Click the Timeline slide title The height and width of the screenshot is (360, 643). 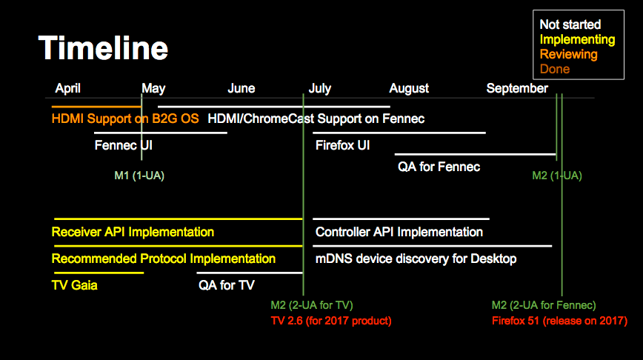point(104,48)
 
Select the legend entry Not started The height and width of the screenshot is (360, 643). point(570,24)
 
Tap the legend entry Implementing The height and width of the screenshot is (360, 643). point(577,40)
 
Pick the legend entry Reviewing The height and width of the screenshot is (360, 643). point(568,55)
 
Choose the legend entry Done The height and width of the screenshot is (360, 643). point(554,69)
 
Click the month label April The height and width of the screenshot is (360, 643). point(67,89)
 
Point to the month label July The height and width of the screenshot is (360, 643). point(319,89)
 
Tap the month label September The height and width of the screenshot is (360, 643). point(517,89)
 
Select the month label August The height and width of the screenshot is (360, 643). point(409,89)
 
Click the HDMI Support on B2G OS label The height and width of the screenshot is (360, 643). point(125,119)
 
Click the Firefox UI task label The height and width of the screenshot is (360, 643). point(342,145)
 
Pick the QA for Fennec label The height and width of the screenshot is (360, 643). point(439,167)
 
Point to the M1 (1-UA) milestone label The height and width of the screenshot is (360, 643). point(139,176)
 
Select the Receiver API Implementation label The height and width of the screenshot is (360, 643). point(133,232)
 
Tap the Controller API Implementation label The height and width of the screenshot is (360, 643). point(399,232)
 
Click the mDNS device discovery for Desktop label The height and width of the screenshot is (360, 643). point(416,259)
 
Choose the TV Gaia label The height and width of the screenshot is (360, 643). point(75,285)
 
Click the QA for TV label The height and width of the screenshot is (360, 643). point(227,285)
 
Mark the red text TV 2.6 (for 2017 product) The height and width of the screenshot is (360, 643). point(331,321)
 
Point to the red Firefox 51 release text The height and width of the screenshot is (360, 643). point(560,321)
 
